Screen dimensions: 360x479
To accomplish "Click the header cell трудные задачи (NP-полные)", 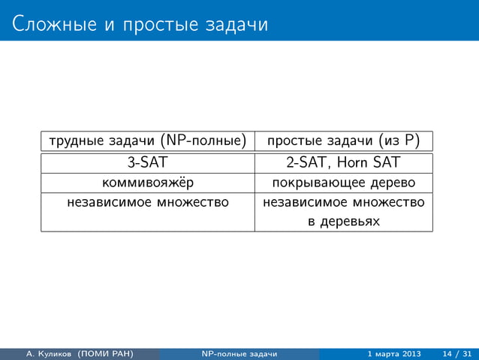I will pyautogui.click(x=148, y=141).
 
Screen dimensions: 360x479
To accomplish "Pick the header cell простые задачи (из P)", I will pyautogui.click(x=344, y=141).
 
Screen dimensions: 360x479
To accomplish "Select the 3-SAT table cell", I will pyautogui.click(x=148, y=163).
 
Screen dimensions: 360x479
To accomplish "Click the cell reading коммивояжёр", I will pyautogui.click(x=148, y=183).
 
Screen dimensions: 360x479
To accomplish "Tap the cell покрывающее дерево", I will pyautogui.click(x=344, y=183).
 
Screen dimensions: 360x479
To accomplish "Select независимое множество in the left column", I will pyautogui.click(x=148, y=202).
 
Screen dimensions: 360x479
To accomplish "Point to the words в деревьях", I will pyautogui.click(x=344, y=222).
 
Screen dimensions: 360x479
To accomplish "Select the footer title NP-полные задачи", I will pyautogui.click(x=239, y=354).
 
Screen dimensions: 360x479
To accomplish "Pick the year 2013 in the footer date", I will pyautogui.click(x=409, y=354).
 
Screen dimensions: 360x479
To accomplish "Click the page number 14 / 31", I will pyautogui.click(x=457, y=354).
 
